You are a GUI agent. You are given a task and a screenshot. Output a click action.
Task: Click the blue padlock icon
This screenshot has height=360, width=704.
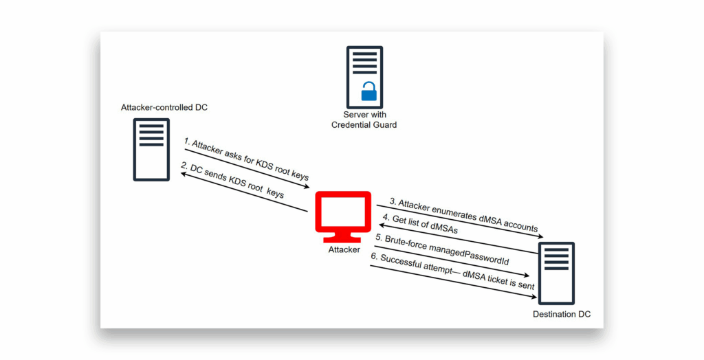click(369, 91)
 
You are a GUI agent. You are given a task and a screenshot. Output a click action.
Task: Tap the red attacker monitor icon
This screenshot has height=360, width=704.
click(344, 217)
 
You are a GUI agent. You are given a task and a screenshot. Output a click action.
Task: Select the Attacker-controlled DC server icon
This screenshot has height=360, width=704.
click(151, 150)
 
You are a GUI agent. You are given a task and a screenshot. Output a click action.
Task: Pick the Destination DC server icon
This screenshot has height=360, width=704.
click(556, 273)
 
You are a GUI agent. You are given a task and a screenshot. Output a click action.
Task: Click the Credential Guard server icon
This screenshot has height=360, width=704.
click(364, 77)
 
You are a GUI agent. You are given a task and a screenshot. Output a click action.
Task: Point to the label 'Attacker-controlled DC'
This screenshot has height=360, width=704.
click(164, 108)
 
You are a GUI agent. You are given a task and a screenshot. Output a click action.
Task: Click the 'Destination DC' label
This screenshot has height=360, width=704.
click(562, 314)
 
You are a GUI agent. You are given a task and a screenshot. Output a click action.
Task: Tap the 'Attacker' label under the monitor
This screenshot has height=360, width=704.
click(344, 249)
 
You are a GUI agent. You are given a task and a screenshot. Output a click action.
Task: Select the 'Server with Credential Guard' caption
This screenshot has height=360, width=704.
click(364, 120)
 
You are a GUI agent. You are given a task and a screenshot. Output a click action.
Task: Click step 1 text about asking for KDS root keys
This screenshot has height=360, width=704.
click(246, 159)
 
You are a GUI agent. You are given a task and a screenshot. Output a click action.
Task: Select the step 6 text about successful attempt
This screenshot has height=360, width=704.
click(452, 271)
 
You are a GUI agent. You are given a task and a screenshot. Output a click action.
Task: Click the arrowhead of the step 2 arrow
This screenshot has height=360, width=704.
click(184, 175)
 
